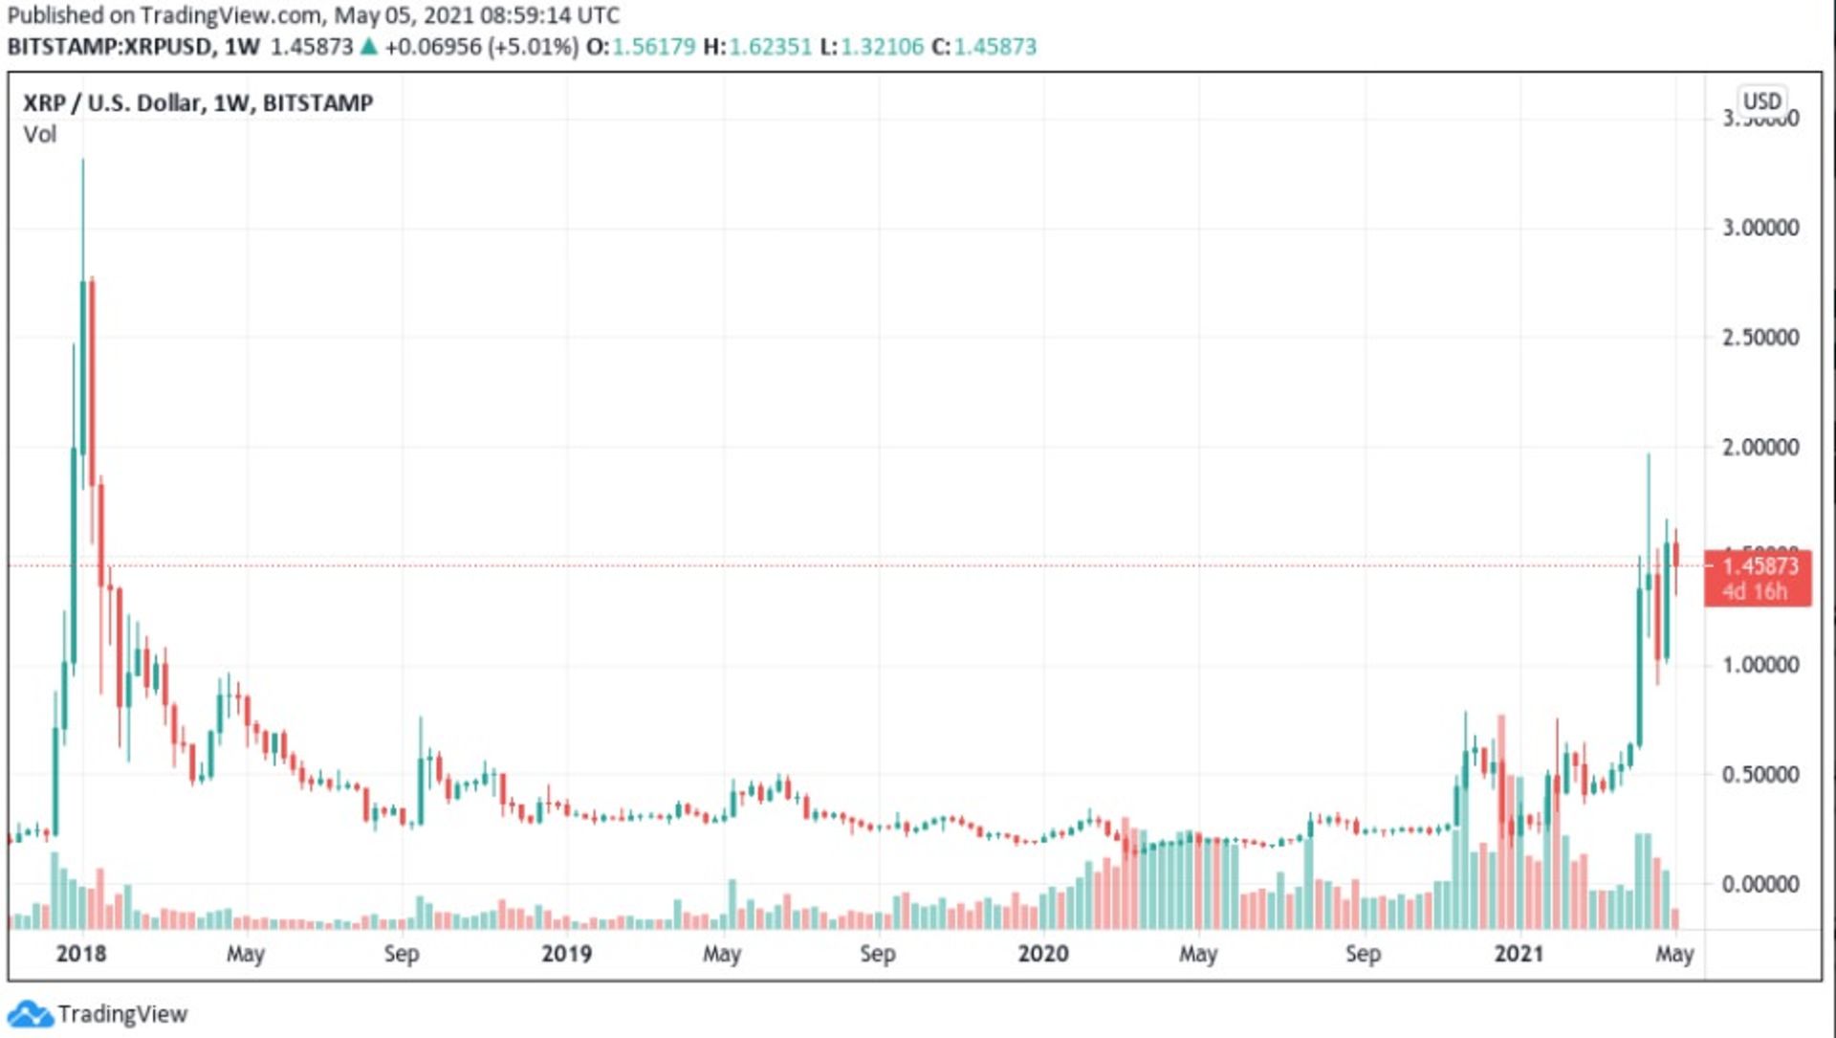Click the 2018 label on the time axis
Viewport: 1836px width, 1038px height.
pos(81,954)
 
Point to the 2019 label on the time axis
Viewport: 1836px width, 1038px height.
pos(566,954)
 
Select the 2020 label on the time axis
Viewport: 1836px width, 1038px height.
pos(1042,954)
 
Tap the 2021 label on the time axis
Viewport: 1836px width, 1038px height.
pos(1519,954)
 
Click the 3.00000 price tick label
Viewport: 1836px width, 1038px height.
pos(1760,228)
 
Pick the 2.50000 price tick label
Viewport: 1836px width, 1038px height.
pos(1760,338)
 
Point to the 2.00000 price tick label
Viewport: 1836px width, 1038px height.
pos(1760,447)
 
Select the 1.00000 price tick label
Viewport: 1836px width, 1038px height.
pos(1760,665)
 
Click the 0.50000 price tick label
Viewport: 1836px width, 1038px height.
pos(1760,774)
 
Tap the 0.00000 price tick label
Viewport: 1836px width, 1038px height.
pos(1760,884)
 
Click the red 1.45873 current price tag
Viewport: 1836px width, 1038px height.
pos(1758,578)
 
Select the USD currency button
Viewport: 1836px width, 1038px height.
pos(1761,101)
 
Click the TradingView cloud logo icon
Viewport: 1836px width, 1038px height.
pos(30,1014)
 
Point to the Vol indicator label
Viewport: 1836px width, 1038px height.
pos(40,134)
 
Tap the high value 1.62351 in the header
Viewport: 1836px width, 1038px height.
pos(770,46)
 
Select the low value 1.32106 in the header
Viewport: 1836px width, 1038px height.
pos(882,46)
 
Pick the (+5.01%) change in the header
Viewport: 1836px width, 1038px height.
pos(534,46)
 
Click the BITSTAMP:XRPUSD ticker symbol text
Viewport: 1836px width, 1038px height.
pos(110,46)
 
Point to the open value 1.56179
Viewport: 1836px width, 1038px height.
pos(653,46)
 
